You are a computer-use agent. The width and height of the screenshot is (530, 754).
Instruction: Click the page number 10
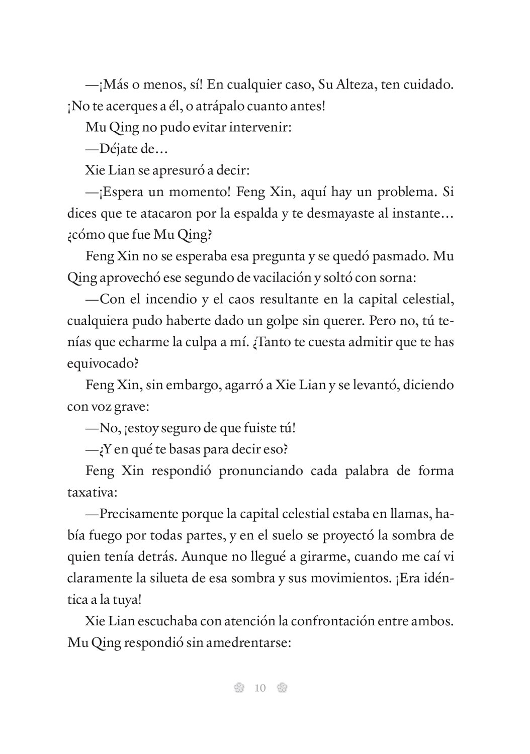[260, 688]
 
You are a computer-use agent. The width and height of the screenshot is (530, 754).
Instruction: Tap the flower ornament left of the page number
[239, 688]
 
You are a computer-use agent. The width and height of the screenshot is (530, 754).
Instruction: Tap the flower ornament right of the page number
[282, 688]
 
